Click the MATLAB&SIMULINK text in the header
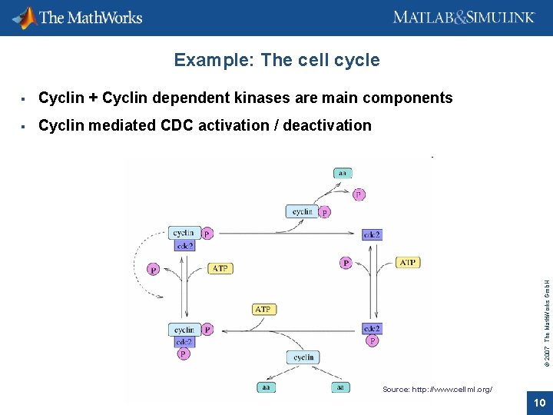pyautogui.click(x=463, y=17)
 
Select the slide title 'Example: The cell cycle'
pyautogui.click(x=276, y=60)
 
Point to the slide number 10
pyautogui.click(x=538, y=402)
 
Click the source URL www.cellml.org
pyautogui.click(x=437, y=390)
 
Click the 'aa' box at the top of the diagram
pyautogui.click(x=343, y=173)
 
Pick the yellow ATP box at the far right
pyautogui.click(x=408, y=262)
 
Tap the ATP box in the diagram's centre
pyautogui.click(x=263, y=309)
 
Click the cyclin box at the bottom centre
pyautogui.click(x=303, y=357)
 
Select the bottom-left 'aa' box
pyautogui.click(x=266, y=387)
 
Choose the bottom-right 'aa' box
pyautogui.click(x=342, y=387)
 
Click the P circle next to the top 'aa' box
pyautogui.click(x=359, y=194)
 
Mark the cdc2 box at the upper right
pyautogui.click(x=371, y=234)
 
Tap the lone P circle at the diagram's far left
pyautogui.click(x=154, y=270)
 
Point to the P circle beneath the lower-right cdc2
pyautogui.click(x=372, y=340)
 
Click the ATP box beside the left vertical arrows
pyautogui.click(x=220, y=268)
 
